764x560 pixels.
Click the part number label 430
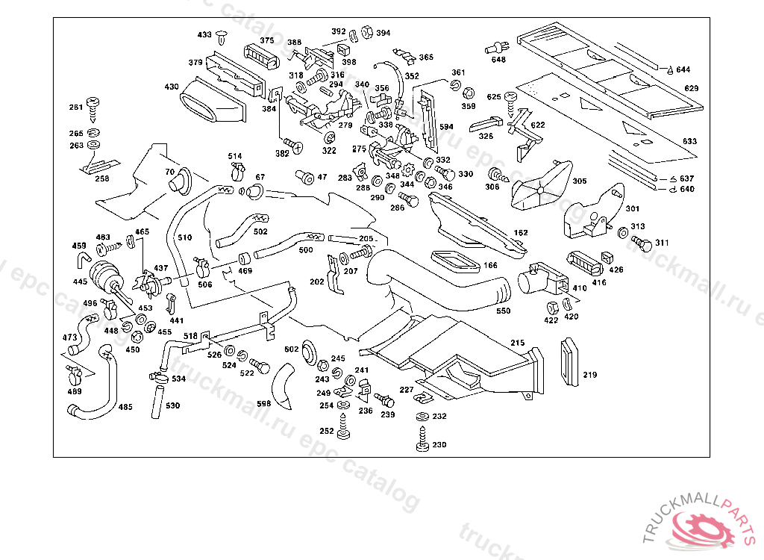(172, 87)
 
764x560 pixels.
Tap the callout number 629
(691, 89)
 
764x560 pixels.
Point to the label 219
(589, 376)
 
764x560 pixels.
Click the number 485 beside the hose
(125, 407)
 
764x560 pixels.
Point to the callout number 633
(689, 141)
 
